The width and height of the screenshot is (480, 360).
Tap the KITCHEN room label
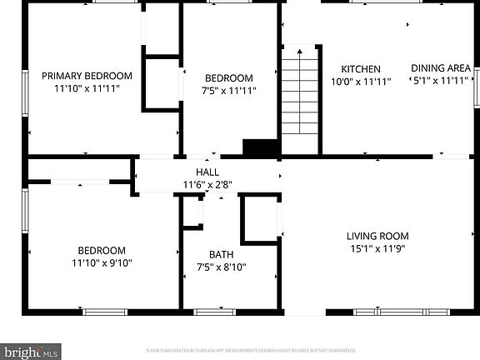tap(361, 69)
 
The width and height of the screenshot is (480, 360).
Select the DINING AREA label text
tap(441, 68)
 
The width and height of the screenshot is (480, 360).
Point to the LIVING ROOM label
tap(377, 236)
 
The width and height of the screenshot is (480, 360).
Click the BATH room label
tap(221, 255)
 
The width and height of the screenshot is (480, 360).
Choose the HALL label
tap(207, 172)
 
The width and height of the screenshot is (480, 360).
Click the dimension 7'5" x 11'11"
tap(228, 90)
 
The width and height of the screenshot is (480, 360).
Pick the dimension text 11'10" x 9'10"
tap(102, 262)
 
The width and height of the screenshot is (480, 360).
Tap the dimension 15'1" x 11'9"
tap(377, 247)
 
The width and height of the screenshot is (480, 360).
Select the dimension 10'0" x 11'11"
tap(361, 82)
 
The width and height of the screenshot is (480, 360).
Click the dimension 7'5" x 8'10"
tap(221, 267)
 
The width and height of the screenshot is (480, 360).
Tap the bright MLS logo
tap(30, 351)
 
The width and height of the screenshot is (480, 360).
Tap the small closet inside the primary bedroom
tap(162, 82)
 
